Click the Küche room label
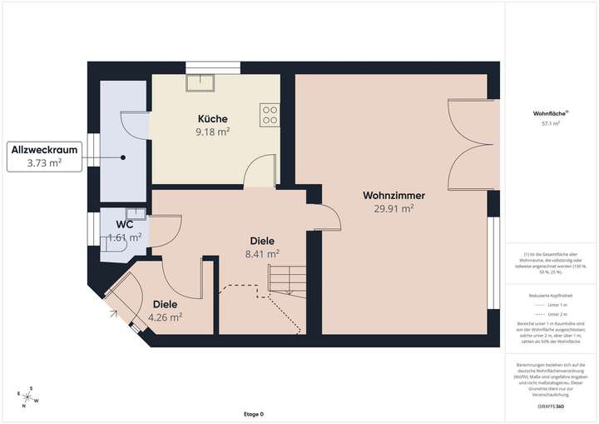(x=212, y=118)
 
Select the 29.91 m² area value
(x=394, y=209)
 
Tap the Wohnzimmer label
(x=394, y=196)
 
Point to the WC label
(x=124, y=225)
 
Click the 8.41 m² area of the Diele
(x=261, y=254)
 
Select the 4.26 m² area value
(x=165, y=317)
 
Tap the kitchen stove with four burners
(x=270, y=114)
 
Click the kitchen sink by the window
(x=200, y=82)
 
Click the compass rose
(x=28, y=398)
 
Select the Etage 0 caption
(x=253, y=414)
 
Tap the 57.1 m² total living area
(x=551, y=123)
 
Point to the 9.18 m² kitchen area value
(x=212, y=131)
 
